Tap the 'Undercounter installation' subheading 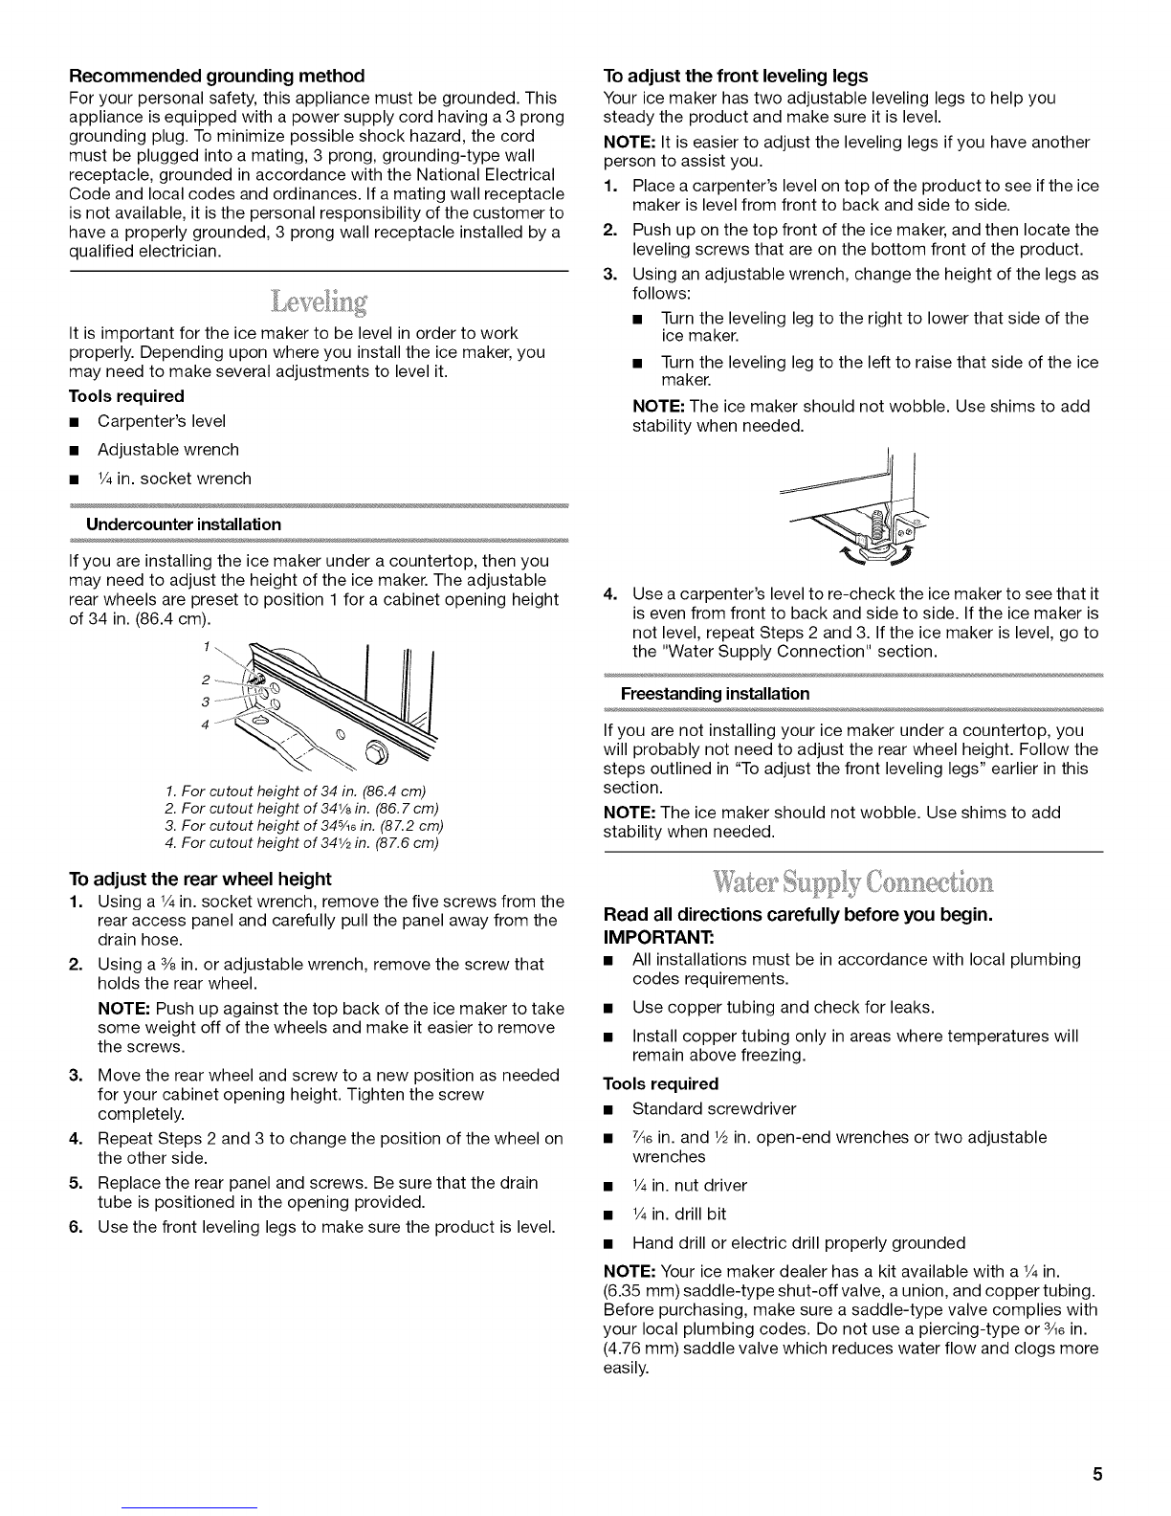(184, 524)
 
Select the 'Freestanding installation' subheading (715, 693)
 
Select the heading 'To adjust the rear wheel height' (201, 879)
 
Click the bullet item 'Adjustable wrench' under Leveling (168, 450)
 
